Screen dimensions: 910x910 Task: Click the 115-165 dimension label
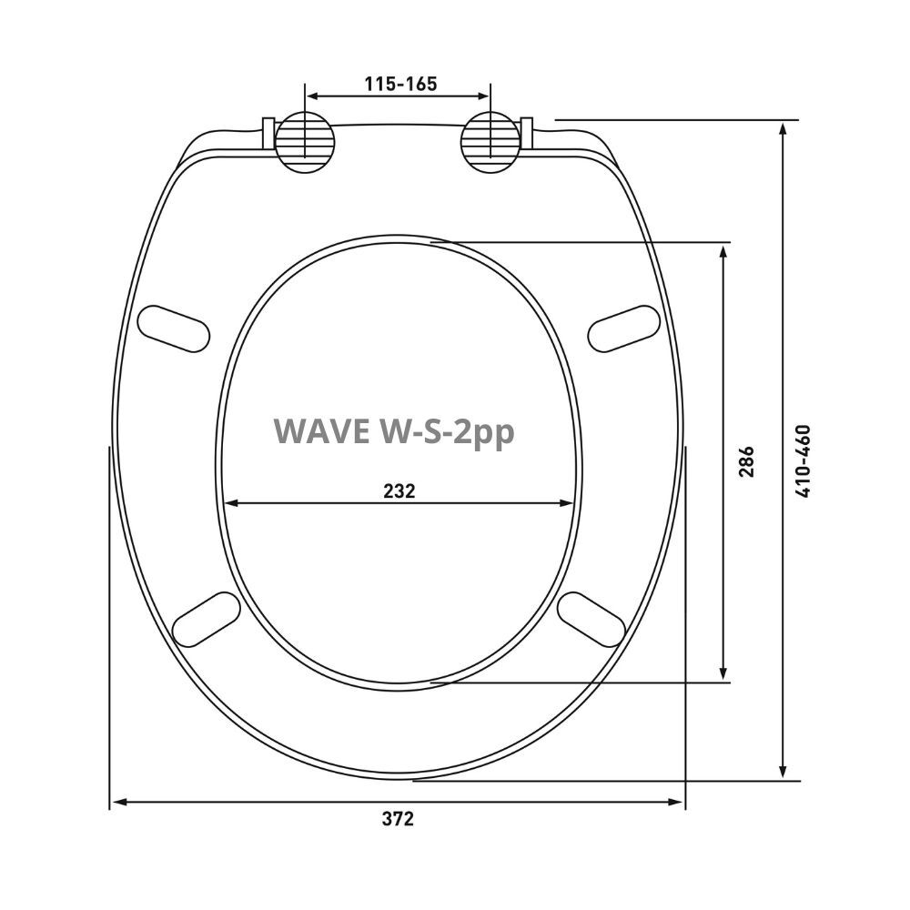click(x=400, y=84)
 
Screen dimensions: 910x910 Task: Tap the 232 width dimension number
click(x=399, y=490)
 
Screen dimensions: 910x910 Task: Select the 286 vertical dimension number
click(x=746, y=462)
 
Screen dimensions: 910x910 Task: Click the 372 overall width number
click(x=398, y=818)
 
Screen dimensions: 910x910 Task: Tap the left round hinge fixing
click(x=305, y=142)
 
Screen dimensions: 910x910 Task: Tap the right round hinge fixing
click(x=491, y=142)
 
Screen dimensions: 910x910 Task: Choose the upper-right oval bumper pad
click(x=623, y=329)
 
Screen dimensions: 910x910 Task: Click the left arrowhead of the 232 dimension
click(x=230, y=503)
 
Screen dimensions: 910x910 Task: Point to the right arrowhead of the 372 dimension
click(x=676, y=802)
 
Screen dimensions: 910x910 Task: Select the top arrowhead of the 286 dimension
click(x=723, y=250)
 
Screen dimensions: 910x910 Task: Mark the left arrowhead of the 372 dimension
click(x=117, y=802)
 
